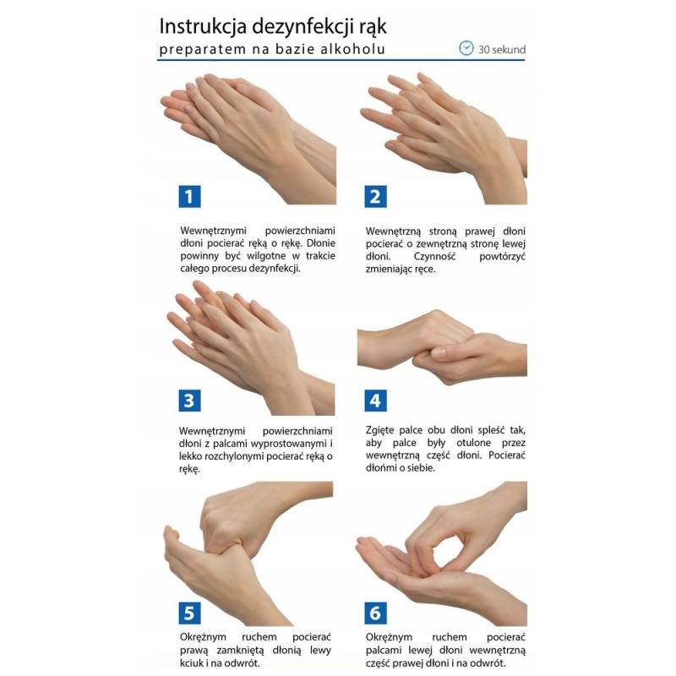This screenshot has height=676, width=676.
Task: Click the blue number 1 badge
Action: point(189,197)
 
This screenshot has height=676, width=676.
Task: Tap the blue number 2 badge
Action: point(375,197)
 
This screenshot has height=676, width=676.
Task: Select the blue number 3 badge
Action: point(189,401)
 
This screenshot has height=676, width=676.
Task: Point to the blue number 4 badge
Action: point(375,401)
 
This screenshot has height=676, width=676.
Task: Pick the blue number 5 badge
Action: point(189,613)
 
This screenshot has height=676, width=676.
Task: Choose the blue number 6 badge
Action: point(375,613)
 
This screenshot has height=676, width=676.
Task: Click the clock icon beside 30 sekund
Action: point(466,48)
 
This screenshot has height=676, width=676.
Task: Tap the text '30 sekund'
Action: point(502,49)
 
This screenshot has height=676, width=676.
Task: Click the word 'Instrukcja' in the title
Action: point(203,26)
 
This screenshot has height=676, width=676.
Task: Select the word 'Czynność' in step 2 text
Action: point(434,256)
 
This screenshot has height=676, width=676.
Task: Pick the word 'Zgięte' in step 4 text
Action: point(379,430)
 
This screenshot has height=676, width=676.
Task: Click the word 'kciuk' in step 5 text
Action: point(191,662)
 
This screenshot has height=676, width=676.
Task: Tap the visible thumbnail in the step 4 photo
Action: point(439,352)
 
